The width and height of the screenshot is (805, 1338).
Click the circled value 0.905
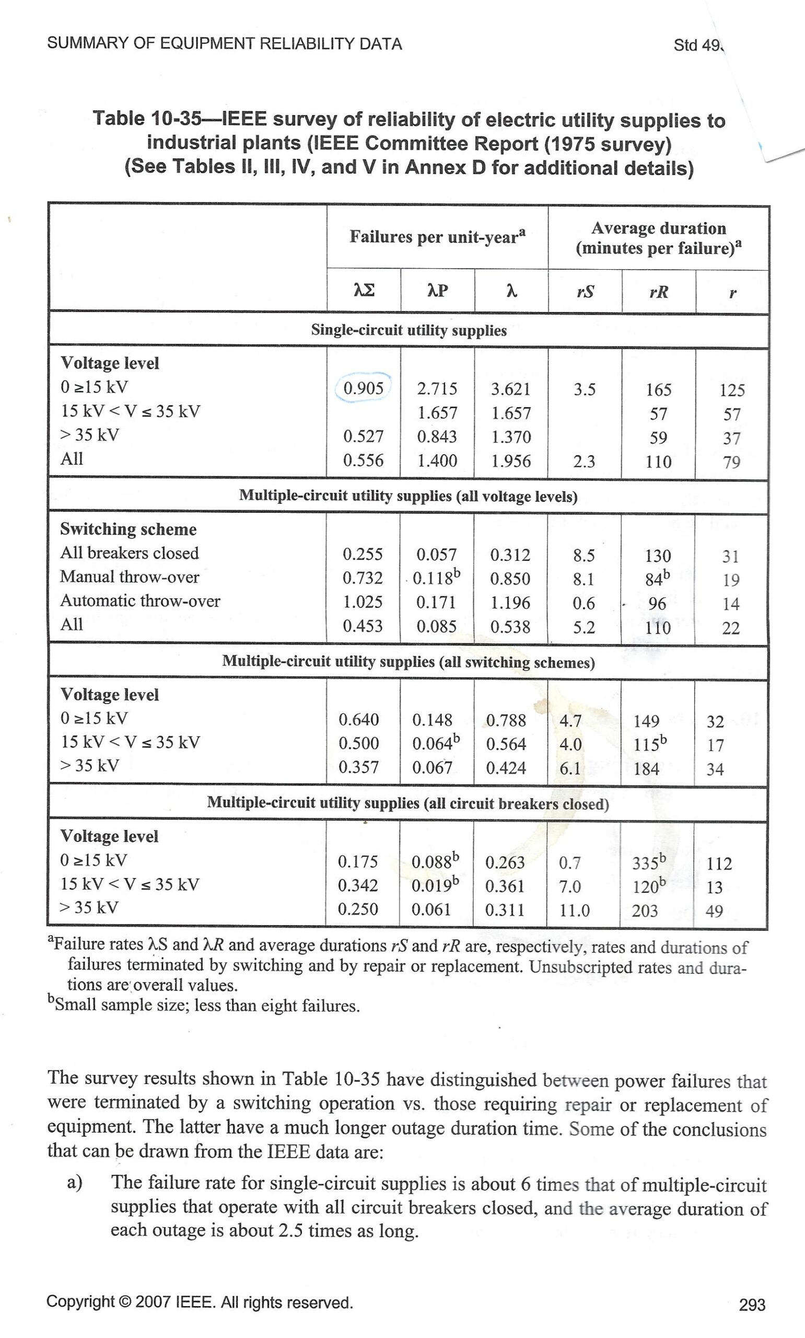tap(364, 388)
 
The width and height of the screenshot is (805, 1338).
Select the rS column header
tap(585, 293)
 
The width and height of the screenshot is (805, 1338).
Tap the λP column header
tap(437, 291)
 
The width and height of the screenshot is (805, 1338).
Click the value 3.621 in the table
tap(510, 389)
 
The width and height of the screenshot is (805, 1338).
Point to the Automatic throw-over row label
tap(140, 601)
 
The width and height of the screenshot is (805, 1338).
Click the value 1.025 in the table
tap(363, 602)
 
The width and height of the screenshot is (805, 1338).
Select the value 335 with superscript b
tap(648, 862)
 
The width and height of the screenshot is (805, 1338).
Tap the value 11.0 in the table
tap(575, 910)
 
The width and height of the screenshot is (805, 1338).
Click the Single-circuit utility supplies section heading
tap(409, 330)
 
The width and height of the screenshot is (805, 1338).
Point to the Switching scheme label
tap(128, 528)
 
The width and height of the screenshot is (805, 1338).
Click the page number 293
tap(752, 1305)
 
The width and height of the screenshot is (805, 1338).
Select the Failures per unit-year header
tap(437, 237)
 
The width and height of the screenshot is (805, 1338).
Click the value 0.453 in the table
tap(363, 626)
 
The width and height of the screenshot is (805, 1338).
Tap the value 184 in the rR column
tap(646, 768)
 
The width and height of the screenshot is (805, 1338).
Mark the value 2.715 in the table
tap(437, 388)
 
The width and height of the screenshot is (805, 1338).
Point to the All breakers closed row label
tap(129, 552)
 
